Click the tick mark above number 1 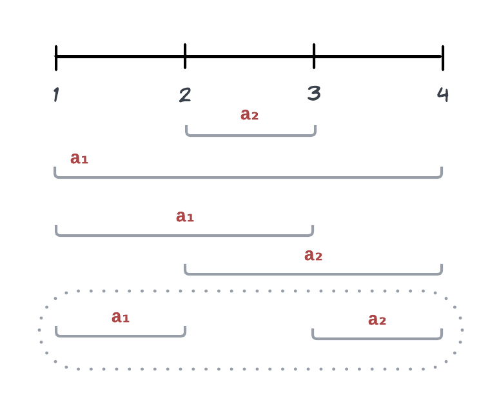click(x=56, y=57)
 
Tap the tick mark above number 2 click(x=185, y=56)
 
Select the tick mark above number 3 click(x=314, y=56)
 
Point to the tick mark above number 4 click(x=443, y=57)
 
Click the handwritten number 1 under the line click(x=56, y=95)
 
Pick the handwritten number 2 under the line click(x=185, y=95)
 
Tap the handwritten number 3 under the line click(x=314, y=94)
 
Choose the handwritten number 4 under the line click(x=443, y=94)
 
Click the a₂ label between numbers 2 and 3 click(x=249, y=115)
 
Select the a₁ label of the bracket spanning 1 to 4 click(x=79, y=158)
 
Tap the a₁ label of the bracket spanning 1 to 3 click(x=185, y=216)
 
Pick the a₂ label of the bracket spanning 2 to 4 click(x=313, y=256)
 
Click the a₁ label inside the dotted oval click(x=121, y=317)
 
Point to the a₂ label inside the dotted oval click(x=377, y=319)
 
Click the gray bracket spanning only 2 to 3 click(x=251, y=136)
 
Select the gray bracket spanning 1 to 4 click(x=248, y=177)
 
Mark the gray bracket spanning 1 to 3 click(x=184, y=235)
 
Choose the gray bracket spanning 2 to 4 click(x=313, y=274)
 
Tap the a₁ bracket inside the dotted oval click(x=121, y=336)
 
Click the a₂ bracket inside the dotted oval click(x=377, y=337)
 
